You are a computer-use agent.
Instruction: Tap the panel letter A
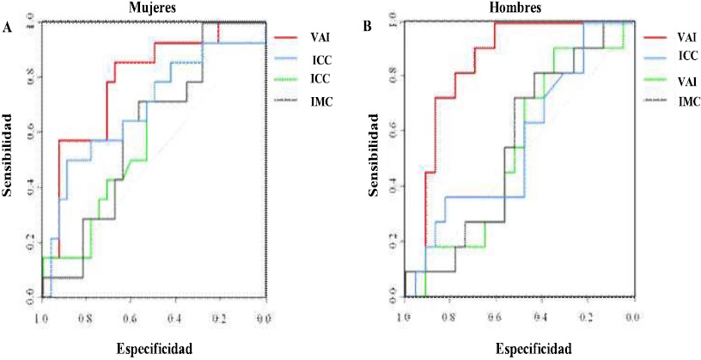pyautogui.click(x=8, y=28)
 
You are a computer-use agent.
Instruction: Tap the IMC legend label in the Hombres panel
pyautogui.click(x=688, y=101)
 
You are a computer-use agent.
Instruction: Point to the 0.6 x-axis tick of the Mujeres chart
pyautogui.click(x=129, y=318)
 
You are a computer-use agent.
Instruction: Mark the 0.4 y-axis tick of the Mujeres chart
pyautogui.click(x=32, y=188)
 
